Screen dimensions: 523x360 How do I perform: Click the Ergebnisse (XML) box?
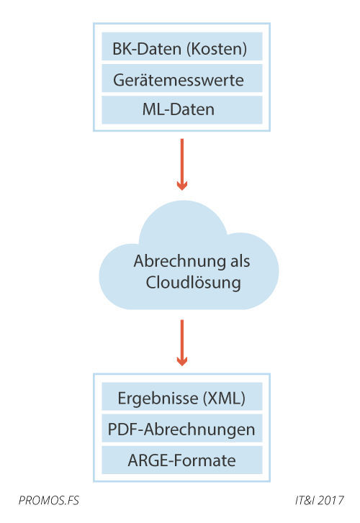point(181,398)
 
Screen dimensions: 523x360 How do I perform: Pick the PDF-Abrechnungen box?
point(181,429)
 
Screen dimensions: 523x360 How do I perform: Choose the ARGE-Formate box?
point(181,460)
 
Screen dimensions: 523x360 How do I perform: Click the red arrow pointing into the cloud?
point(182,163)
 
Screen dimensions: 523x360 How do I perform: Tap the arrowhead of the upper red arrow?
point(182,184)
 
